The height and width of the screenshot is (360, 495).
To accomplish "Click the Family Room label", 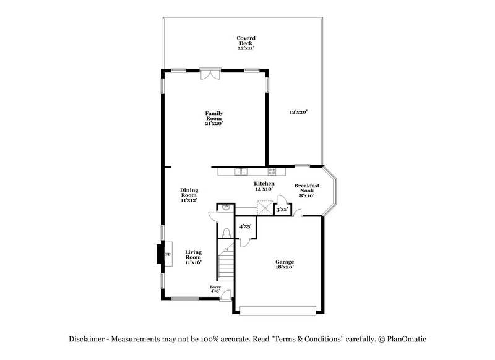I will pos(214,118).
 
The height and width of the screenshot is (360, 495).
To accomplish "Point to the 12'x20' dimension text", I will pos(298,112).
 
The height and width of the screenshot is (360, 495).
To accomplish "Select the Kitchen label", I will pos(264,186).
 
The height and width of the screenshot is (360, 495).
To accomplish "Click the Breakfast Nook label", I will pos(306,191).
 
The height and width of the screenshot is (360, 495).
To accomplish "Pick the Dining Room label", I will pos(188,195).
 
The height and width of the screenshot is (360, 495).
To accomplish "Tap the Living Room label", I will pos(194,257).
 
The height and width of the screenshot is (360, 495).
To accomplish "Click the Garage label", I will pos(285,264).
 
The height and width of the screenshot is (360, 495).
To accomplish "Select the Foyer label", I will pos(215,289).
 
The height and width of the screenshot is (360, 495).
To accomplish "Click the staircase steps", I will pos(226,263).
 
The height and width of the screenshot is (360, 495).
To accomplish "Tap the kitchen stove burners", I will pos(272,171).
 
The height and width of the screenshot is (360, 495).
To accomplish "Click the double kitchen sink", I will pos(241,171).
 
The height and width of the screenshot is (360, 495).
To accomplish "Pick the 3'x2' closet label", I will pos(282,210).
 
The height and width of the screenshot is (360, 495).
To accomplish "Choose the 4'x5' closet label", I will pos(244,227).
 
